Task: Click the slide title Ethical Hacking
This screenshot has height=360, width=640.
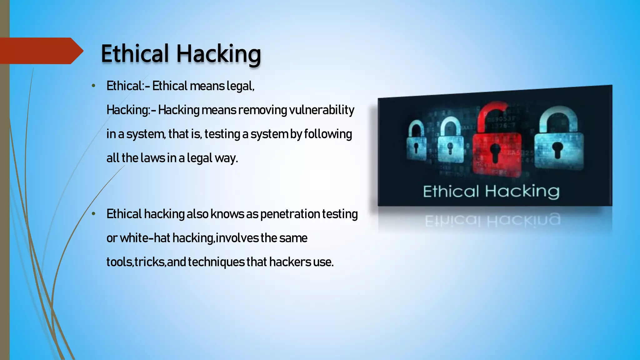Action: coord(181,54)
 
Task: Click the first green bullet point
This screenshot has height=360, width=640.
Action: coord(93,86)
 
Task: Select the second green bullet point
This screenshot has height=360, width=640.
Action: coord(93,214)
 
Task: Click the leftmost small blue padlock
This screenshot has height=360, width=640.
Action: coord(416,142)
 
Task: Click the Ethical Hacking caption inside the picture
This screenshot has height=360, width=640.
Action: coord(491,191)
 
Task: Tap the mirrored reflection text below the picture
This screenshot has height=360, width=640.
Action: coord(492,220)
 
